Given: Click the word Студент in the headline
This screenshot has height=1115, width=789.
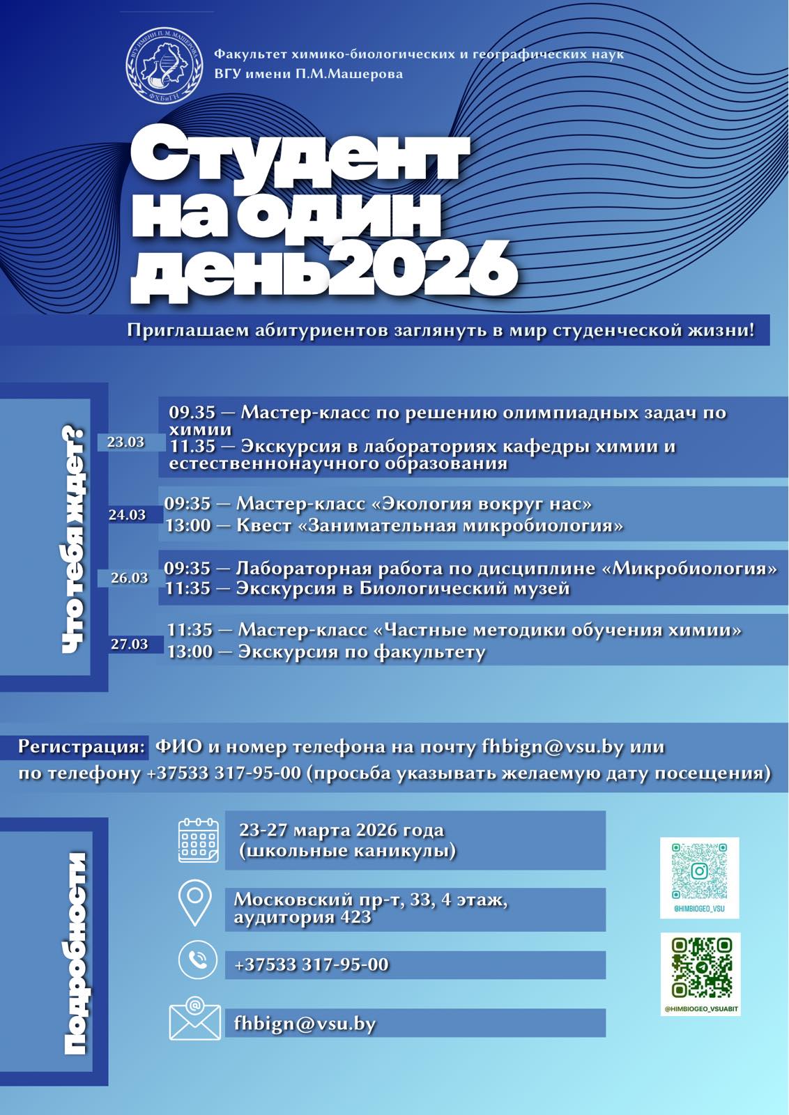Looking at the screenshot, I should [300, 156].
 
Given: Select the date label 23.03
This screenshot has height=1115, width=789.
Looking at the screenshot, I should [125, 442].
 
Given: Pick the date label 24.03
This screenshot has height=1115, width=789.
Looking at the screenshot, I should [127, 515].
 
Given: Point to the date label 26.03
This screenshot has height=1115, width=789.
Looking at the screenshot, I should [130, 578].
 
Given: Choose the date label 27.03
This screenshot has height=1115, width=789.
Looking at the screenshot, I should [130, 644].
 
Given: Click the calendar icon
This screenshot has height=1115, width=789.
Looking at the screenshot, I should [199, 840].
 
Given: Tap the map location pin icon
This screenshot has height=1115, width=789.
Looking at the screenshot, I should [195, 903].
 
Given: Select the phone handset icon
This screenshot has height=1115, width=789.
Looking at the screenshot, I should [198, 961].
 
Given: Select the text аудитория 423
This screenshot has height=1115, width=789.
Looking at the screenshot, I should [302, 917].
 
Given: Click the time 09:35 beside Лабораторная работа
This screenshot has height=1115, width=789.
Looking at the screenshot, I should [187, 569].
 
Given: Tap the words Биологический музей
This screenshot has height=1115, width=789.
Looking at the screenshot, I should [464, 589].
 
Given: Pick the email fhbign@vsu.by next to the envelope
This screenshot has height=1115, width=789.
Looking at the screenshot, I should [305, 1024].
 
